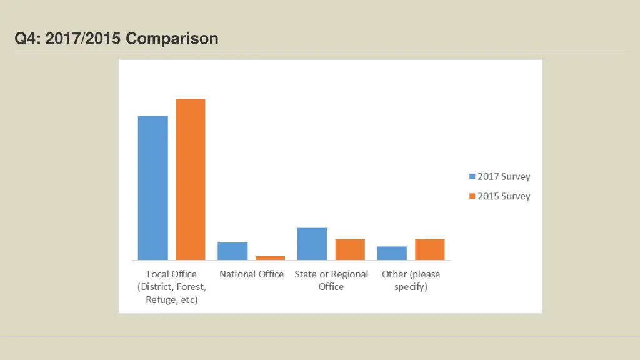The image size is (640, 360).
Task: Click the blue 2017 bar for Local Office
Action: coord(152,187)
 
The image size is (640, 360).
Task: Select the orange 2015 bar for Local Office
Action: coord(190,179)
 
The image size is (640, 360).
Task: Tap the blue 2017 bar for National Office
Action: coord(232,251)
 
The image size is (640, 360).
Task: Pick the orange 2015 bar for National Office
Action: coord(270,257)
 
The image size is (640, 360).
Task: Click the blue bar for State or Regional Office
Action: coord(312,244)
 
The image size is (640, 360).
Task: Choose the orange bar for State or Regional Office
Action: coord(350,249)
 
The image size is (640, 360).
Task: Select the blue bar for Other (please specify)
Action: coord(392,253)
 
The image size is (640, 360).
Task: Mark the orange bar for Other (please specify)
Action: coord(429,249)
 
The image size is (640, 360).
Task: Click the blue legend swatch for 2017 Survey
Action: coord(472,177)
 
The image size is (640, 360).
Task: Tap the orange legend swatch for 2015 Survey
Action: coord(472,196)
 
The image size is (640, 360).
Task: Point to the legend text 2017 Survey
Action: coord(504,177)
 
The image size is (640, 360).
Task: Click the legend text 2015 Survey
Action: coord(504,196)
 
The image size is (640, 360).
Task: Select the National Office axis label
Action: coord(251,274)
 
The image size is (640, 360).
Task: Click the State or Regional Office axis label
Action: coord(331,280)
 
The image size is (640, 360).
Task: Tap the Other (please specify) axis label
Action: coord(411,280)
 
